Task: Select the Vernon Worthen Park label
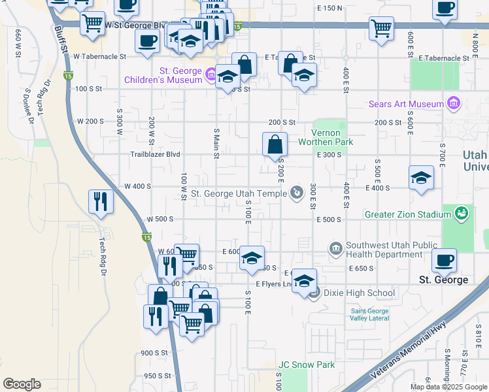click(326, 137)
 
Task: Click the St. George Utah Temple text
click(239, 193)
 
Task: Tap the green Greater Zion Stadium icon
click(462, 214)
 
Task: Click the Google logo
click(22, 384)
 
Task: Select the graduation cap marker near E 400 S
click(421, 177)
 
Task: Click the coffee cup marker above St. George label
click(445, 259)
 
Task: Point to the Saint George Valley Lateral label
click(369, 314)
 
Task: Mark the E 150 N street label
click(329, 8)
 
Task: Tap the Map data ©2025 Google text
click(448, 387)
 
